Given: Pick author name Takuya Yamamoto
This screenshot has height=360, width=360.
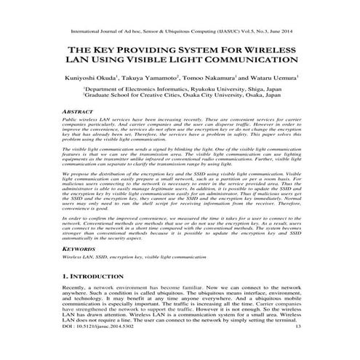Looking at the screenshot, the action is point(152,77).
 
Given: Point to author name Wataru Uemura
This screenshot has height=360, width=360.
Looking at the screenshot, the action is point(266,77).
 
